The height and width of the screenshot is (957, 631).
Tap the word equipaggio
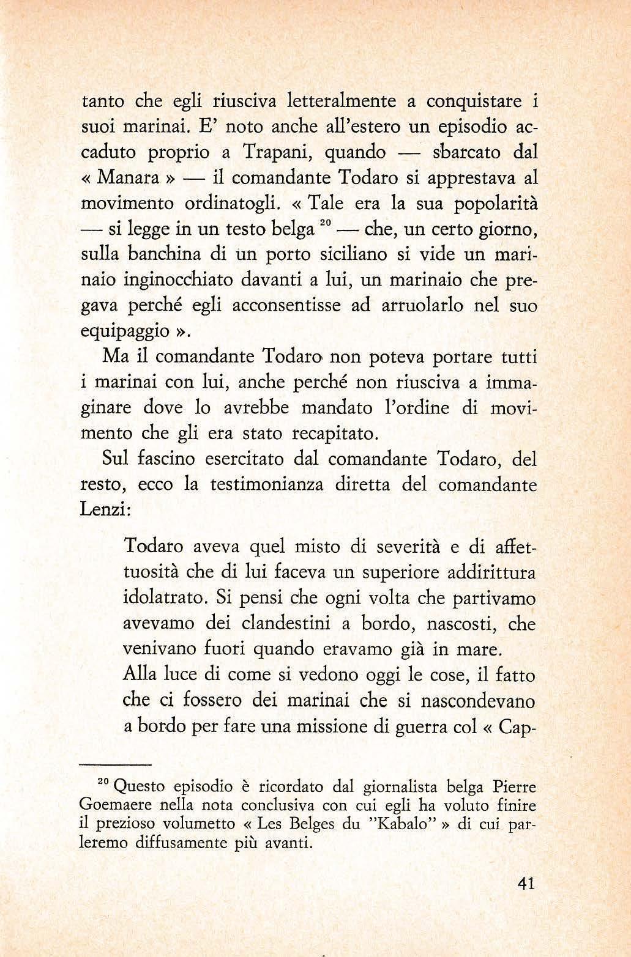click(124, 332)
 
